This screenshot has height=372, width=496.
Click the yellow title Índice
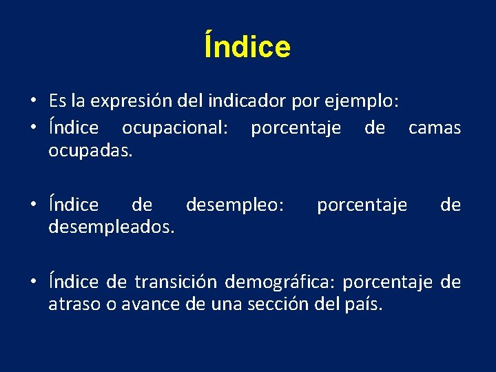pyautogui.click(x=247, y=47)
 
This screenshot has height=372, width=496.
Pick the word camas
pyautogui.click(x=435, y=128)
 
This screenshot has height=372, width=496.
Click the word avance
pyautogui.click(x=152, y=303)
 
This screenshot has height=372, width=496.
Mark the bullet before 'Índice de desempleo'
pyautogui.click(x=33, y=205)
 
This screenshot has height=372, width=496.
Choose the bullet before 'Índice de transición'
pyautogui.click(x=33, y=282)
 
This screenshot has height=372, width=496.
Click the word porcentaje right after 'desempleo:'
pyautogui.click(x=362, y=205)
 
